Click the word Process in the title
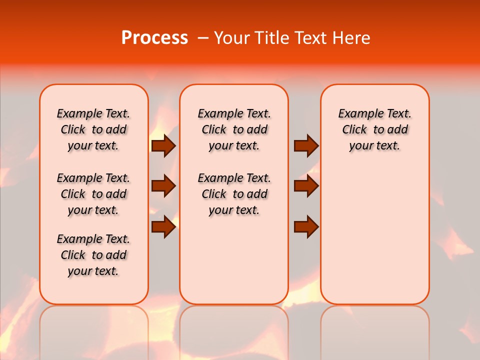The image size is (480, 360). click(x=154, y=38)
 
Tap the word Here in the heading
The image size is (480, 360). click(x=352, y=38)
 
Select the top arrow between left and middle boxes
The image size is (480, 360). click(x=163, y=146)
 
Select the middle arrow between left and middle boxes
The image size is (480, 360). click(x=163, y=186)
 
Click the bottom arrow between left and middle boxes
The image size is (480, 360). click(x=163, y=226)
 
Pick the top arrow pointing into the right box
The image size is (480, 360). click(x=306, y=146)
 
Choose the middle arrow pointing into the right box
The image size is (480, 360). click(x=306, y=186)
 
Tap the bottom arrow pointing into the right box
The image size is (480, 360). click(x=306, y=226)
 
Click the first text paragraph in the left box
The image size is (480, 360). click(x=93, y=129)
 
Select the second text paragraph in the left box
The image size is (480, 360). click(x=93, y=194)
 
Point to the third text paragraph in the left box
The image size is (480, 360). click(x=93, y=255)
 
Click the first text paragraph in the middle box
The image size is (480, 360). click(x=234, y=129)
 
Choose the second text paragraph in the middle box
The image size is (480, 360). click(x=234, y=194)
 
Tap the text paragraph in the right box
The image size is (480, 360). click(x=374, y=129)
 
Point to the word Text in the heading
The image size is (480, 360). click(x=310, y=38)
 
